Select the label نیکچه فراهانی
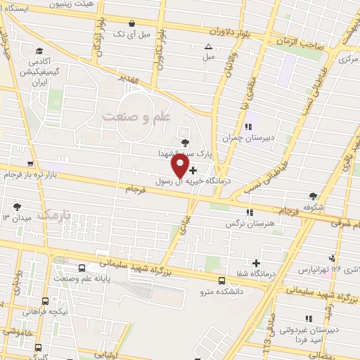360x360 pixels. [x=42, y=310]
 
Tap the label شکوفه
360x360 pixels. [x=313, y=187]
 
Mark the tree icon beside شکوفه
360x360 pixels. [x=313, y=176]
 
